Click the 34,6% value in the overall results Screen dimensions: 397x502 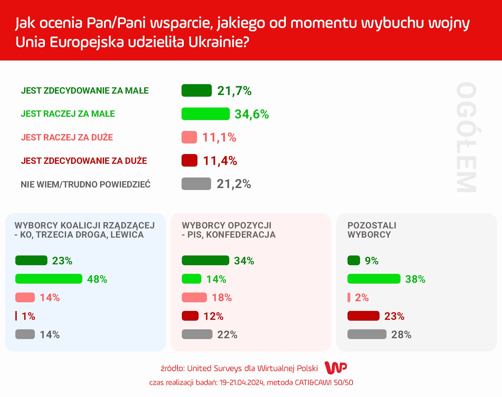pyautogui.click(x=252, y=114)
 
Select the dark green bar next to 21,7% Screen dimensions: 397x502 pyautogui.click(x=197, y=91)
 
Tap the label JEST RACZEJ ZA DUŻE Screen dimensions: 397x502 pyautogui.click(x=67, y=137)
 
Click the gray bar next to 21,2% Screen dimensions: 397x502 pyautogui.click(x=196, y=184)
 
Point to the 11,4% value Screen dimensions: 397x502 pyautogui.click(x=220, y=161)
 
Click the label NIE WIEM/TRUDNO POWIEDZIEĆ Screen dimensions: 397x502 pyautogui.click(x=86, y=184)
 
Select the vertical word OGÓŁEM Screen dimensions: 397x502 pyautogui.click(x=466, y=137)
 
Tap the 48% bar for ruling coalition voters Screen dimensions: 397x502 pyautogui.click(x=49, y=279)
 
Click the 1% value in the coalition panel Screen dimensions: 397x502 pyautogui.click(x=28, y=316)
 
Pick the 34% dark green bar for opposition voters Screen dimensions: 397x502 pyautogui.click(x=205, y=260)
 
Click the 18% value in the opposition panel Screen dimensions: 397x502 pyautogui.click(x=222, y=298)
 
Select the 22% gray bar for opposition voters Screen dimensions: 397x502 pyautogui.click(x=197, y=334)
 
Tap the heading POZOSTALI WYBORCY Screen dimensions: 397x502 pyautogui.click(x=371, y=230)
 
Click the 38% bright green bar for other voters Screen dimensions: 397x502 pyautogui.click(x=374, y=279)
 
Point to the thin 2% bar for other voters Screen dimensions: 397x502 pyautogui.click(x=349, y=298)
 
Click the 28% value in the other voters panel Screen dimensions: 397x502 pyautogui.click(x=401, y=335)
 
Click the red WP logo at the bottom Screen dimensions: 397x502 pyautogui.click(x=336, y=368)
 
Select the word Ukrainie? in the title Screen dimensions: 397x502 pyautogui.click(x=218, y=42)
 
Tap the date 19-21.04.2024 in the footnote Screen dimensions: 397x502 pyautogui.click(x=242, y=383)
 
